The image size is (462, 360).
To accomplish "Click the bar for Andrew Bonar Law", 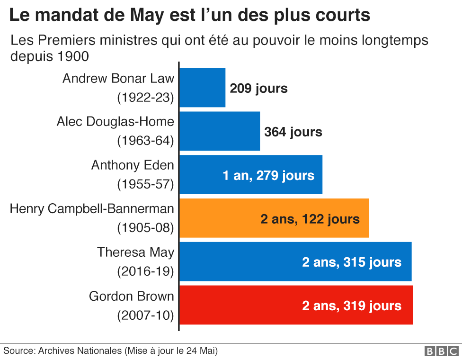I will point(203,88).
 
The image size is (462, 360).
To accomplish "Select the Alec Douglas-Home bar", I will point(220,131).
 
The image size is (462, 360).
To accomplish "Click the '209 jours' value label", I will point(258,89).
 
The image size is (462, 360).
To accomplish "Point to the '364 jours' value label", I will point(293,132).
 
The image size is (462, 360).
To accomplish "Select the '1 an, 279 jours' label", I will point(268,176).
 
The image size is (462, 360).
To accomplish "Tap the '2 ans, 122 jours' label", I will point(310,219).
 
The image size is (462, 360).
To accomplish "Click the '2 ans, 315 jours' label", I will point(352,262).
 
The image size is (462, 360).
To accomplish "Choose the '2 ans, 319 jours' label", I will point(352,306).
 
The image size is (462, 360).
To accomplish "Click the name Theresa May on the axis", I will point(135,252).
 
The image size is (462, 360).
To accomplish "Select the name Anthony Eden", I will point(133,165).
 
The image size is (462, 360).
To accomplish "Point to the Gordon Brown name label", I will point(132,296).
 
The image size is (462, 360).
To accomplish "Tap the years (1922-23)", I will point(146,98).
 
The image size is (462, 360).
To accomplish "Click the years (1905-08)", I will point(146,228).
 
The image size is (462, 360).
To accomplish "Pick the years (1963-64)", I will point(146,141).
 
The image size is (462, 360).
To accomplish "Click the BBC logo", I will point(441,351).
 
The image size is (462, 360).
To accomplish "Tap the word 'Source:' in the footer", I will point(19,351).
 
